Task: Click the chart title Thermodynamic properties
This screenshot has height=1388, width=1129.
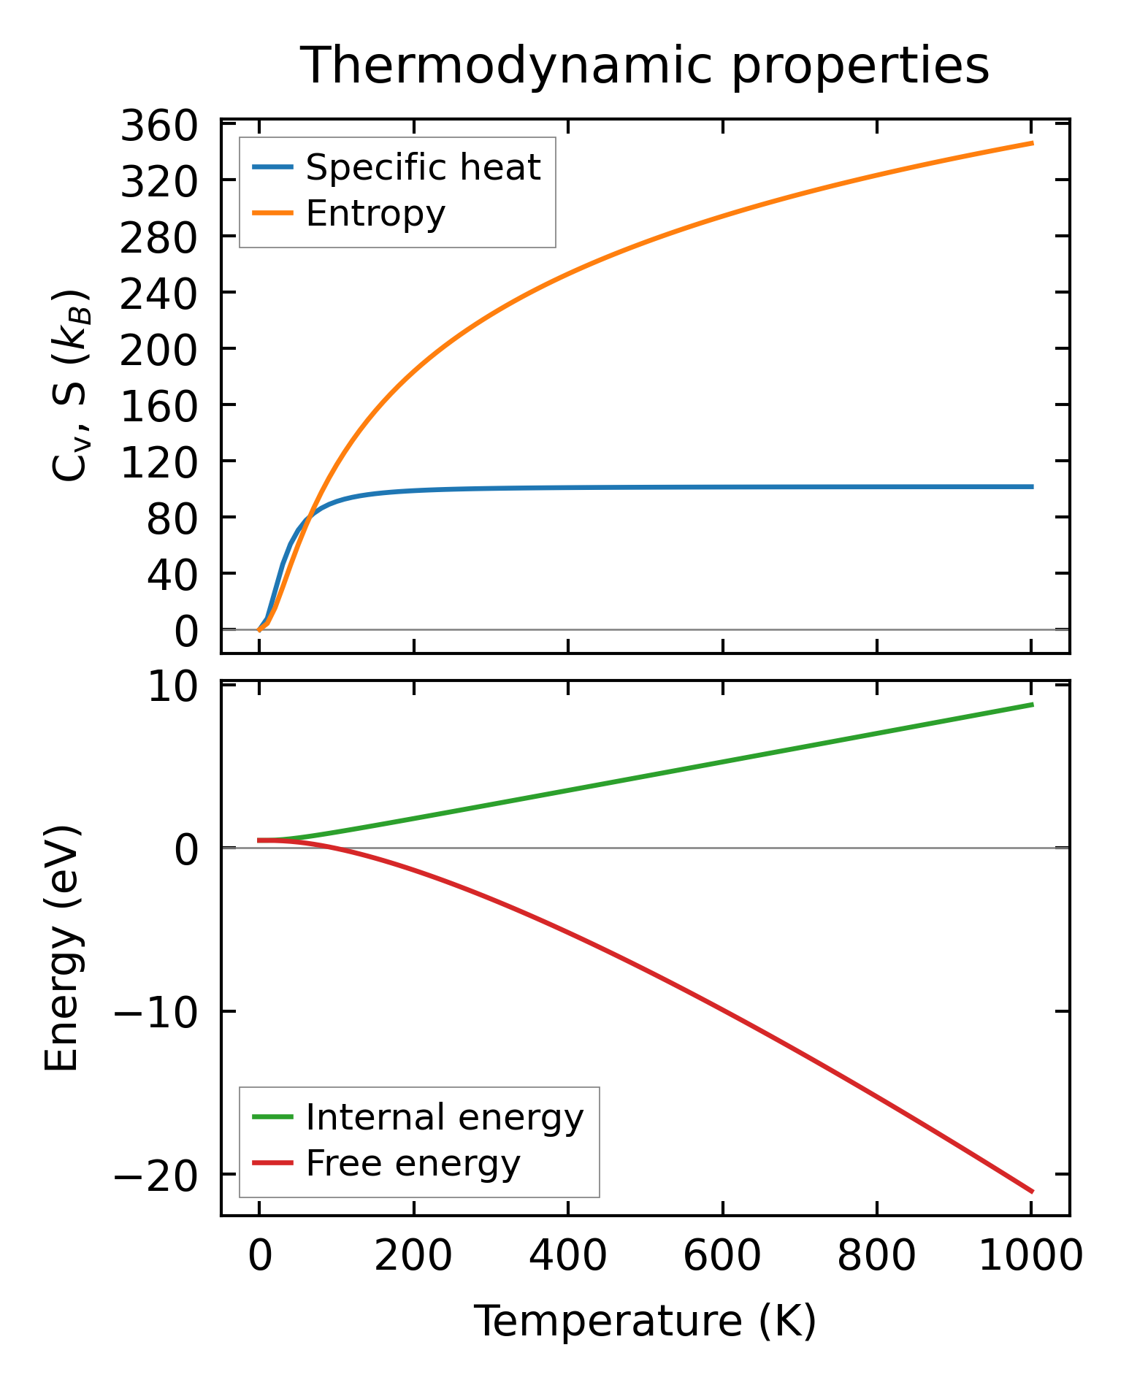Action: (645, 66)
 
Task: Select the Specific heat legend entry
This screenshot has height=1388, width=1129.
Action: (422, 168)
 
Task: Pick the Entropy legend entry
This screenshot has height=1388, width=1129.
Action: (375, 214)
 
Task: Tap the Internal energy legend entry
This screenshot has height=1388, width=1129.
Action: (444, 1117)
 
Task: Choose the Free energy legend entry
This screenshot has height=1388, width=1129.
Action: (413, 1163)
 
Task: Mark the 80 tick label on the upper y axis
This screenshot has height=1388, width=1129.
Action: (172, 519)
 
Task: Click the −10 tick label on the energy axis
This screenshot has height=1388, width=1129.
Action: (156, 1013)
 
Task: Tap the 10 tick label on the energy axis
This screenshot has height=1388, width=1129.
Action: (172, 688)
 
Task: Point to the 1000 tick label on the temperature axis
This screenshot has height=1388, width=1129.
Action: (1030, 1257)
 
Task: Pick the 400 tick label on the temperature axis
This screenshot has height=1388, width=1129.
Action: (567, 1257)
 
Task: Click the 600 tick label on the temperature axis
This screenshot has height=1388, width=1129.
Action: (722, 1257)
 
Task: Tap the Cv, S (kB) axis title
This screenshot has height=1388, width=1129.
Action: (71, 386)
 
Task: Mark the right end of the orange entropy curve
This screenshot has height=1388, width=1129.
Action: (1032, 143)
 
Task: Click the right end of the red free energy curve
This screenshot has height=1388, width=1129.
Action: (1032, 1192)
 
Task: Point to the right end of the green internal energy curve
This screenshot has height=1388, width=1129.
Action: (1032, 705)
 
